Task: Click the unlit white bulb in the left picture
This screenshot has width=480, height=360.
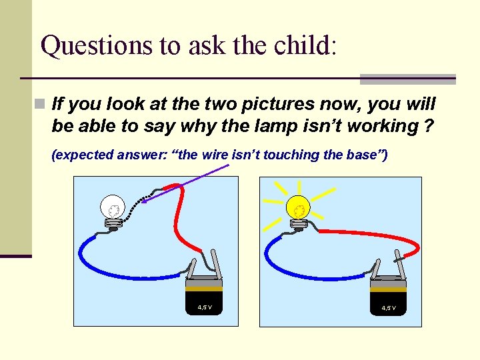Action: coord(112,207)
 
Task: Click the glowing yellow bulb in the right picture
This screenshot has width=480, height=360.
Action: coord(298,208)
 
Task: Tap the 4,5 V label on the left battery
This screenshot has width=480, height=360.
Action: coord(205,307)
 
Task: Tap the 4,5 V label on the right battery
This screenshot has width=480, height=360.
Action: coord(389,308)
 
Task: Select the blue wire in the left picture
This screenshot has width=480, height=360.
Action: coord(120,267)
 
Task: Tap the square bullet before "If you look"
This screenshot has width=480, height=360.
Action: coord(41,104)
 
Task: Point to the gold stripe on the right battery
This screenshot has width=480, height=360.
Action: coord(388,289)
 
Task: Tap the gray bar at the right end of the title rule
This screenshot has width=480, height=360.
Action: coord(407,79)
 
